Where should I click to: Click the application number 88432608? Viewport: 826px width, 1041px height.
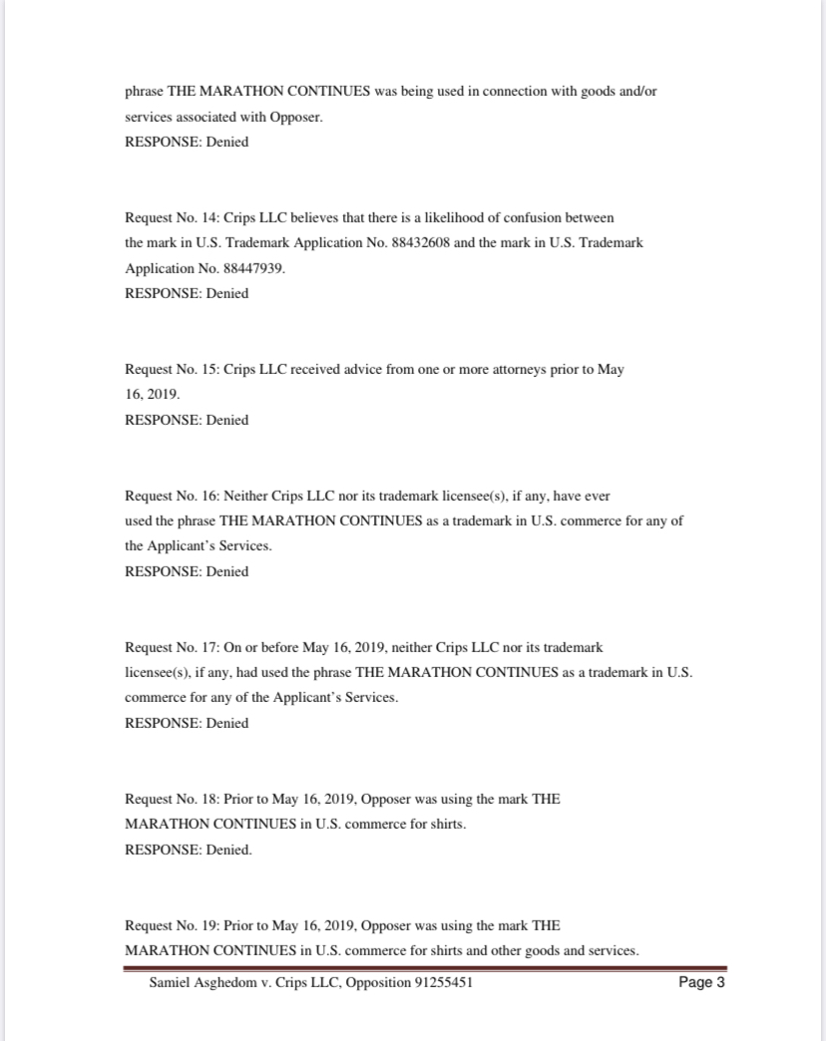[x=417, y=243]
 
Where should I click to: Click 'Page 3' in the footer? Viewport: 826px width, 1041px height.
[x=701, y=983]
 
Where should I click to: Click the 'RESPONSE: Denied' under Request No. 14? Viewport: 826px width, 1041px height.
[x=187, y=293]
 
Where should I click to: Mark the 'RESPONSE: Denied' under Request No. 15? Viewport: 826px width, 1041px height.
[x=187, y=420]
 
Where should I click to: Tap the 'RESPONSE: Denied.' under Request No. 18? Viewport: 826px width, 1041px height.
[x=189, y=851]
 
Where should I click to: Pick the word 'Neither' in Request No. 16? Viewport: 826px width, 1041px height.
[x=245, y=496]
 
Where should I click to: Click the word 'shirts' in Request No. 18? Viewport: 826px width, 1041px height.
[x=444, y=825]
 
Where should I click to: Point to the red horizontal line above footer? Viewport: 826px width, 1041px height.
[x=425, y=967]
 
